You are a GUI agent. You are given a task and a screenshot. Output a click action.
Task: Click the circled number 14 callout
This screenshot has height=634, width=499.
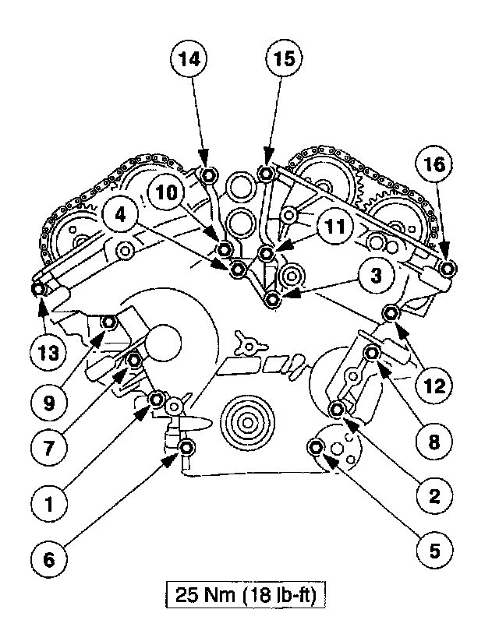click(189, 59)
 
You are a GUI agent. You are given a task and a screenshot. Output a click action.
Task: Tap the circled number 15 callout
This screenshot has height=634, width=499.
click(285, 59)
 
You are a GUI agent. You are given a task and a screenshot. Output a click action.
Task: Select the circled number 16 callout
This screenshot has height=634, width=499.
click(434, 164)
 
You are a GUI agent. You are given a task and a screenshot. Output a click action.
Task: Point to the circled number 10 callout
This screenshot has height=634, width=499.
click(166, 192)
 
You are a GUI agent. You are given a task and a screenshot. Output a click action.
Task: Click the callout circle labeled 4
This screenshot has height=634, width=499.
click(121, 215)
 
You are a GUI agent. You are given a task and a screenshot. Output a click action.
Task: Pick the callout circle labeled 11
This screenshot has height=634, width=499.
click(335, 227)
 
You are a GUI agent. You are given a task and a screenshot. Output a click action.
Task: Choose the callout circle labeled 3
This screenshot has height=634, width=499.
click(377, 276)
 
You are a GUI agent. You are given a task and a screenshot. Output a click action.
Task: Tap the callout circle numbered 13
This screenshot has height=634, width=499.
click(49, 353)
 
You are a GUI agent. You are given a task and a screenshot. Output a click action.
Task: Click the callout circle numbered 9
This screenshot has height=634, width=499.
click(49, 403)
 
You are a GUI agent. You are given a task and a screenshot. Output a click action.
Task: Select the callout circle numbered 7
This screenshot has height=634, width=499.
click(49, 448)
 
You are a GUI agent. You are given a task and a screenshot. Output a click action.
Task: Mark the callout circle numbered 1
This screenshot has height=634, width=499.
click(49, 504)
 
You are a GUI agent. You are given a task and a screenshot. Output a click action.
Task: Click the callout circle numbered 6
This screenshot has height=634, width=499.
click(49, 560)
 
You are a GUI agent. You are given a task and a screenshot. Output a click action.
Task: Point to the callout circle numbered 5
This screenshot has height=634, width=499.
click(434, 551)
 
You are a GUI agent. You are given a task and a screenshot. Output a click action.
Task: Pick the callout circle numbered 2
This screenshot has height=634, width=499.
click(434, 495)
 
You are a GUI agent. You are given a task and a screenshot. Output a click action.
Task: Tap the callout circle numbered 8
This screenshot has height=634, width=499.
click(434, 442)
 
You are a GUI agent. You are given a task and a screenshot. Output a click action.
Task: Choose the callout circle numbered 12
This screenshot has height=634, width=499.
click(434, 386)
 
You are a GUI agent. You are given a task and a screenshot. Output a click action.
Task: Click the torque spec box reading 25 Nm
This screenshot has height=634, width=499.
click(246, 595)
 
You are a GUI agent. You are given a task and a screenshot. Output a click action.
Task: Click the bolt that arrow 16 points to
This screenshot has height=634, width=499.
click(448, 269)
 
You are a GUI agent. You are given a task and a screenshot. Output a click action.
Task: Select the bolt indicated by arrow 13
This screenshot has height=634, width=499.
click(38, 289)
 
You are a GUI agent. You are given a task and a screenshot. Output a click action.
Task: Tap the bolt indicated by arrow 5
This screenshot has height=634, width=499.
click(316, 447)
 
